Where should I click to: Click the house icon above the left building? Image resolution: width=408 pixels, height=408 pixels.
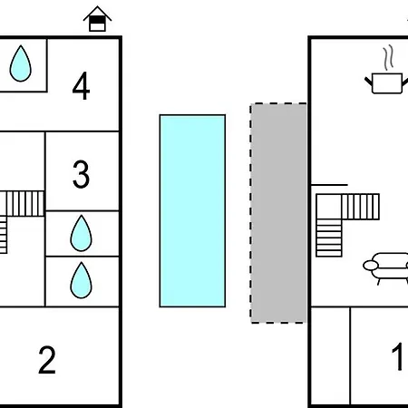[97, 19]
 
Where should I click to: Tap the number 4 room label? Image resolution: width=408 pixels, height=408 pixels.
[81, 86]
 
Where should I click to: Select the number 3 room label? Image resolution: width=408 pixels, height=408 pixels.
[81, 174]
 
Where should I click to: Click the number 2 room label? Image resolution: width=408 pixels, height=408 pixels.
[47, 360]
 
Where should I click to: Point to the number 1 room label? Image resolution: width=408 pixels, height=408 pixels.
[397, 356]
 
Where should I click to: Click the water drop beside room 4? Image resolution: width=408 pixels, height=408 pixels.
[21, 63]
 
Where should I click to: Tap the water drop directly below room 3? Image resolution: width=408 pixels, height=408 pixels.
[81, 233]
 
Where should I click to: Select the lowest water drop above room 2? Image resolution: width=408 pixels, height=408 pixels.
[81, 280]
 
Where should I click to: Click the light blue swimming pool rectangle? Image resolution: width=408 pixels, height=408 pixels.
[192, 211]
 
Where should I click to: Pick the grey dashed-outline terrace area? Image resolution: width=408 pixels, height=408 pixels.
[278, 213]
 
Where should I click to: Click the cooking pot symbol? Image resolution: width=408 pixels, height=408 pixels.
[387, 83]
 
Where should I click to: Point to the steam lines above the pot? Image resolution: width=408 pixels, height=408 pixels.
[389, 57]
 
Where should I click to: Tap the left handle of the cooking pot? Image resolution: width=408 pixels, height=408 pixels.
[368, 82]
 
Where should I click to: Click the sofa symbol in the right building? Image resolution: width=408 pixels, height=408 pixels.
[387, 268]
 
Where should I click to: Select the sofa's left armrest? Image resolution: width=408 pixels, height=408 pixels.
[371, 266]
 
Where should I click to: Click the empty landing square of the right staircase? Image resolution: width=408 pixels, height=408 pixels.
[329, 207]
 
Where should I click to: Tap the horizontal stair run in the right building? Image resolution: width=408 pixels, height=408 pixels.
[360, 207]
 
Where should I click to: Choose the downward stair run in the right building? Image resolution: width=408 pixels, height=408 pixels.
[329, 238]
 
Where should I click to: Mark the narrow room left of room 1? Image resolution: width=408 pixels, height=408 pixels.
[331, 356]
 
